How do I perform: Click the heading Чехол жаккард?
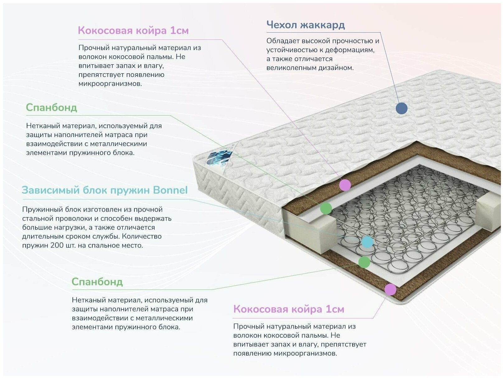click(x=306, y=25)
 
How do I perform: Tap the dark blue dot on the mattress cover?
click(x=401, y=108)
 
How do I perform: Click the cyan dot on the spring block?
click(x=367, y=242)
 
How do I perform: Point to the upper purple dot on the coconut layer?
click(x=345, y=185)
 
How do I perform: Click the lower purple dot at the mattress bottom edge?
click(x=390, y=290)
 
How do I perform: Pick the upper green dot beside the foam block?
click(x=326, y=208)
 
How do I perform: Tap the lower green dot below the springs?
click(x=364, y=262)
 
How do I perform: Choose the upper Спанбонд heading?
click(x=51, y=107)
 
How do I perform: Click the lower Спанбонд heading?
click(x=97, y=282)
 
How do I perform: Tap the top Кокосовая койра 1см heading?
click(x=133, y=30)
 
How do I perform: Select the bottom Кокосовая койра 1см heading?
click(x=289, y=309)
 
